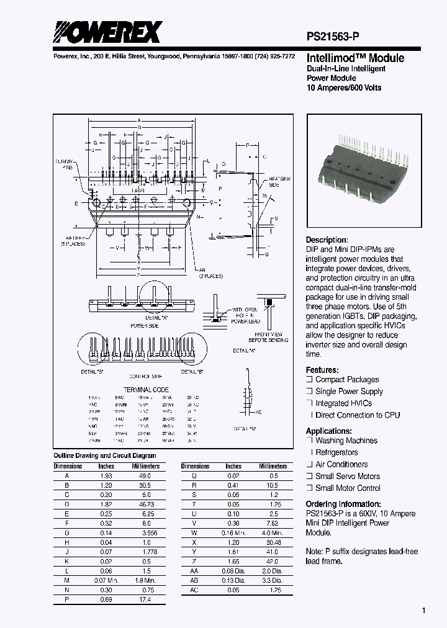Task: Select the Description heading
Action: coord(327,240)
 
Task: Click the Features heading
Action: coord(323,369)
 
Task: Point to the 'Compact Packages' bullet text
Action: coord(346,380)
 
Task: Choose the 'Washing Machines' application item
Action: coord(346,441)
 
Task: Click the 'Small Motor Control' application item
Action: coord(348,488)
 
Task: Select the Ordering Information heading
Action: coord(343,504)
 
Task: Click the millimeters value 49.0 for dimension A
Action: coord(145,475)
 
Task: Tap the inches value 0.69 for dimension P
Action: coord(107,600)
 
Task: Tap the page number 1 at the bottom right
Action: coord(423,611)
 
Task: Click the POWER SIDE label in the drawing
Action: coord(144,325)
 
